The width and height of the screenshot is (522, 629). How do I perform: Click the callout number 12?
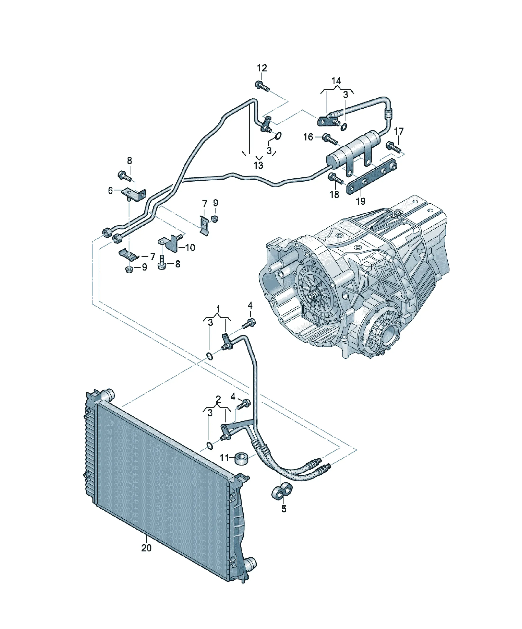(262, 68)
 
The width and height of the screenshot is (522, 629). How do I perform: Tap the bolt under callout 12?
(262, 86)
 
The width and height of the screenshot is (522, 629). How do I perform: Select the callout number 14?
(336, 81)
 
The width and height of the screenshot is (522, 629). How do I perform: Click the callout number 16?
(308, 137)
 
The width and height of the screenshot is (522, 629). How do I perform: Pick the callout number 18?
(334, 194)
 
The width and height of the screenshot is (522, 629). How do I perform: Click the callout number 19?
(361, 201)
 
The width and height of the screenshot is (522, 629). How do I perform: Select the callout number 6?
(110, 191)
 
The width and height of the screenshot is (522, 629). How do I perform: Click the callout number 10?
(190, 247)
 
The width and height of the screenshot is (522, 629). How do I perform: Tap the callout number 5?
(284, 509)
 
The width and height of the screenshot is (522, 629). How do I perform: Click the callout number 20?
(146, 548)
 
